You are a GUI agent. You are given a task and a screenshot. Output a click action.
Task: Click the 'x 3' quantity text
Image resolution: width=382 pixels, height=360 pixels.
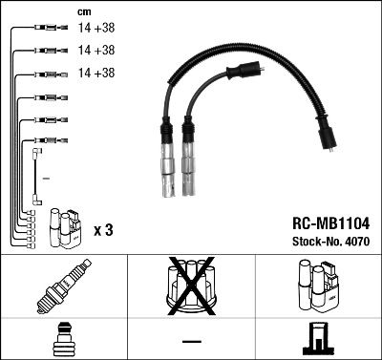click(104, 230)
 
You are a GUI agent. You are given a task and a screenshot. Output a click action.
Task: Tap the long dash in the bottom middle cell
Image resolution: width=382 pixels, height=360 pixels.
click(191, 341)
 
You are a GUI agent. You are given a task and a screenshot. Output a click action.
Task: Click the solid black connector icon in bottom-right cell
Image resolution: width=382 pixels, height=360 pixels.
click(318, 340)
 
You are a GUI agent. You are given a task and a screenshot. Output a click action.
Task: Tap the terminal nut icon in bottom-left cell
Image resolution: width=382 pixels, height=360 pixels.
click(64, 340)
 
